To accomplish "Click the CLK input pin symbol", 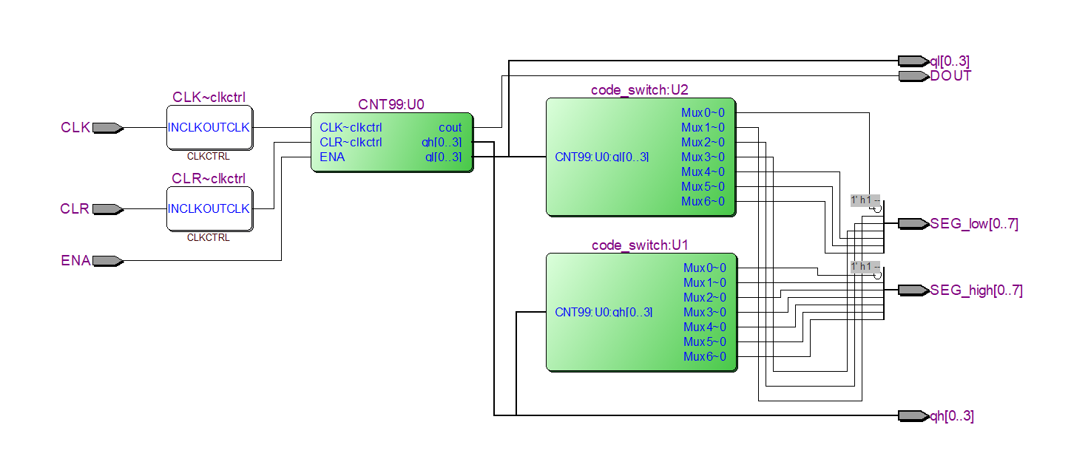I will pyautogui.click(x=108, y=128).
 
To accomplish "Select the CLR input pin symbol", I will pyautogui.click(x=108, y=209).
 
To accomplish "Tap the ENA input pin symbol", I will pyautogui.click(x=108, y=260).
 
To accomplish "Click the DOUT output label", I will pyautogui.click(x=950, y=76).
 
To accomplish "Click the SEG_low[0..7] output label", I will pyautogui.click(x=973, y=224).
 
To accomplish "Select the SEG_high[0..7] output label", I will pyautogui.click(x=976, y=290).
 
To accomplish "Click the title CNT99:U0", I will pyautogui.click(x=391, y=105).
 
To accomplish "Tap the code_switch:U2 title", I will pyautogui.click(x=640, y=90).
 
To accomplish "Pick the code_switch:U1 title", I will pyautogui.click(x=641, y=245).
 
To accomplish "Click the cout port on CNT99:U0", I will pyautogui.click(x=450, y=128).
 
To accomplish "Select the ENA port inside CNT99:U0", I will pyautogui.click(x=332, y=157).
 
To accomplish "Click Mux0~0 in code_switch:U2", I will pyautogui.click(x=703, y=113).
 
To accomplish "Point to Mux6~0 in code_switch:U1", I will pyautogui.click(x=704, y=356).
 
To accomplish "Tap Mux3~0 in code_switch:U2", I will pyautogui.click(x=703, y=157).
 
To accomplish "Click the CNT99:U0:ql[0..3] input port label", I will pyautogui.click(x=601, y=157).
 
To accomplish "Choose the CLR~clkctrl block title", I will pyautogui.click(x=209, y=179).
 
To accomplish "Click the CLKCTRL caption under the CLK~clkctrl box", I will pyautogui.click(x=209, y=157).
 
